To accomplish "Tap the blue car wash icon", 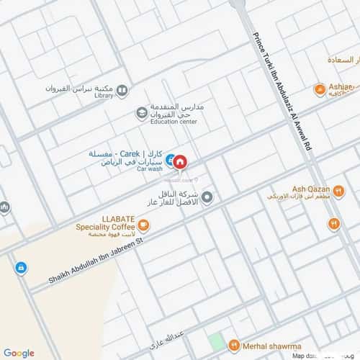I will tap(169, 161).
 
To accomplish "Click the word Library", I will tap(104, 94).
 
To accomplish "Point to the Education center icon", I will tap(142, 113).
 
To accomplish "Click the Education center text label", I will tap(173, 122).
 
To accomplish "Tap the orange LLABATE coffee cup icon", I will tap(143, 225).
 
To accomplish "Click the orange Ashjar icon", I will tap(319, 89).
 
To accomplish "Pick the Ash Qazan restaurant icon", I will tap(333, 224).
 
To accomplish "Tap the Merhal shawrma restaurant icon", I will tap(233, 346).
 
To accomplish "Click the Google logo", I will tap(19, 352).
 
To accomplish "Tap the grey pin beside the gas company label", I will tap(207, 197).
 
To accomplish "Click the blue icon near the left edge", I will tap(20, 268).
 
